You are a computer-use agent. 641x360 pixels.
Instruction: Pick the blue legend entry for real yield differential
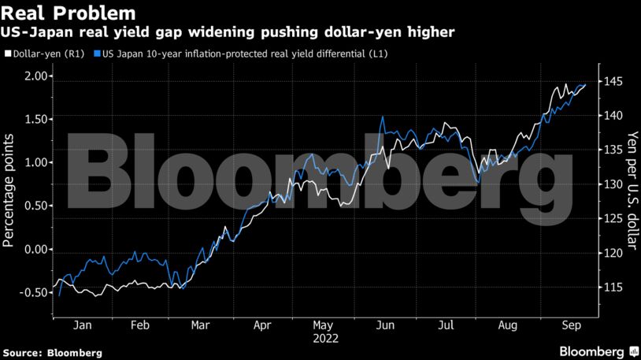coord(244,54)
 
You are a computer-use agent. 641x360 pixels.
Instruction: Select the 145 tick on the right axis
coord(614,81)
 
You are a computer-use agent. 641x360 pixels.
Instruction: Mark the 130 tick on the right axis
coord(614,184)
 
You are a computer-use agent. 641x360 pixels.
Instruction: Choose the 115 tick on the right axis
coord(614,288)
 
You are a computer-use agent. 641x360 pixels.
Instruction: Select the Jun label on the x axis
coord(385,324)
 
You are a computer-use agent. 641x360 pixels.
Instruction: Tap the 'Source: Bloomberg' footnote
coord(53,351)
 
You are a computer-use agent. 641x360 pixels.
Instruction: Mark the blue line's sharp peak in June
coord(383,117)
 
